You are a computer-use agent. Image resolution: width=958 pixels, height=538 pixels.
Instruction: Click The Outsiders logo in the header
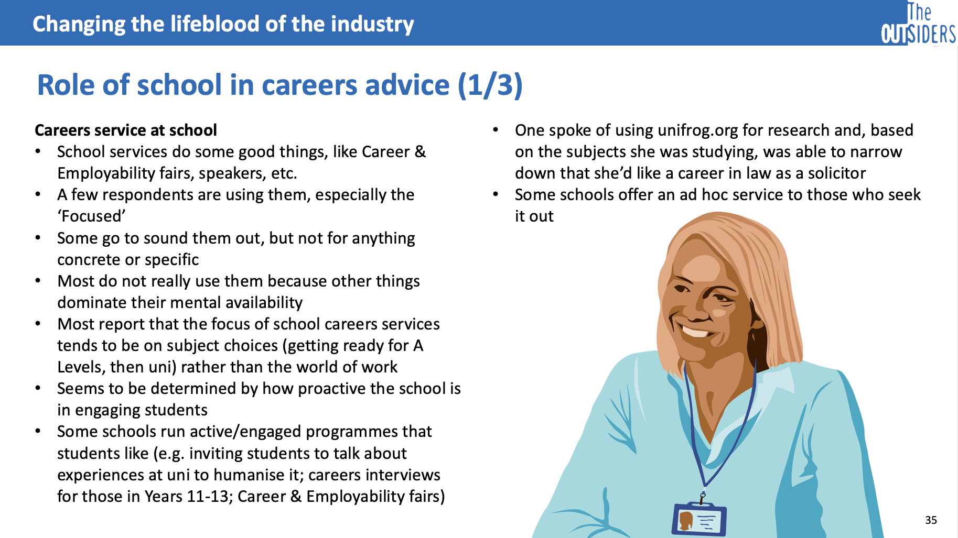919,24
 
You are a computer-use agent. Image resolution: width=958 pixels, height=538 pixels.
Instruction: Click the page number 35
931,520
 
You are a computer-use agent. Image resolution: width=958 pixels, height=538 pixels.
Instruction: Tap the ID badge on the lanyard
699,519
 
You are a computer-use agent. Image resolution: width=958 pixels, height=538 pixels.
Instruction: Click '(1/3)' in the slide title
490,85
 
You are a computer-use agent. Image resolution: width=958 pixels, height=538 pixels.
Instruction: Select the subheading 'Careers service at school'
126,130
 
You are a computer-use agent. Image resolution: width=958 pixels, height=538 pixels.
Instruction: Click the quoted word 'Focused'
91,216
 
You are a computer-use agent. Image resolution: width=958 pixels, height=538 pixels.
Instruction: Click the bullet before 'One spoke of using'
496,130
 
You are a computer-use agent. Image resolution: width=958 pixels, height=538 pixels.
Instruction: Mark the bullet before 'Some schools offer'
496,194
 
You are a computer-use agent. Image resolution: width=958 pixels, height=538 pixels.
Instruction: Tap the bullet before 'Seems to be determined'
38,389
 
